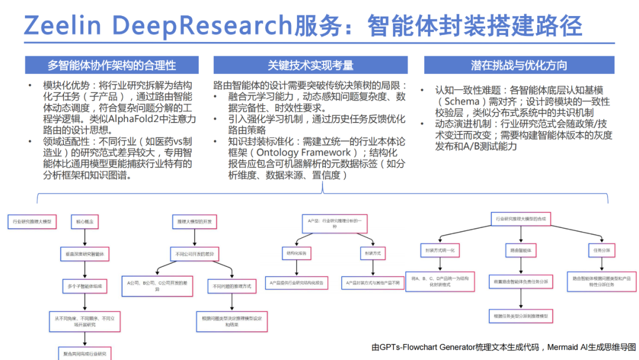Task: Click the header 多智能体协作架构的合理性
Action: [112, 65]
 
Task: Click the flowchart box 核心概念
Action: [85, 222]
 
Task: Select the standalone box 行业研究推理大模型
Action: [33, 222]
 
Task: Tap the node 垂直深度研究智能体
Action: [85, 254]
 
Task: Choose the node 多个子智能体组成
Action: [85, 286]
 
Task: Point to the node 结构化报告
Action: [295, 252]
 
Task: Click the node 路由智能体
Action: [521, 250]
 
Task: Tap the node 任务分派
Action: [602, 250]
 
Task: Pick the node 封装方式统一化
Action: [439, 250]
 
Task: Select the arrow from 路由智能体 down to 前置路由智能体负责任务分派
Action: [521, 265]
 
